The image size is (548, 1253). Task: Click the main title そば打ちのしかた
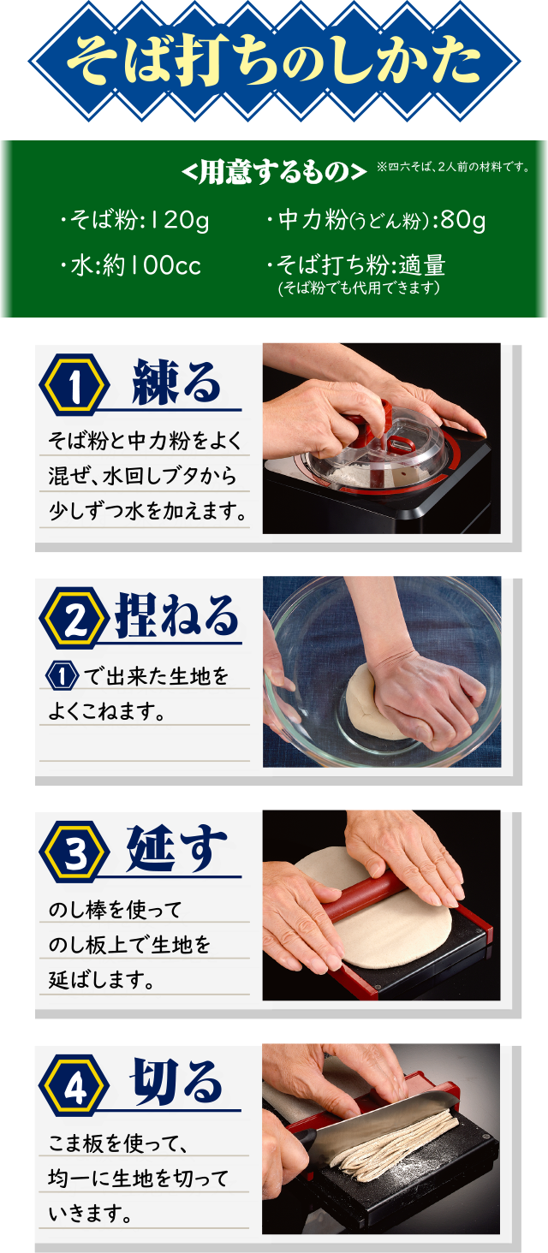(274, 61)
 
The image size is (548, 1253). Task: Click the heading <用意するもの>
(274, 172)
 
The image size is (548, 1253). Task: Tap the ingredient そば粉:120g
(134, 220)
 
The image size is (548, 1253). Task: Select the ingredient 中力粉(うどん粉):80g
(376, 220)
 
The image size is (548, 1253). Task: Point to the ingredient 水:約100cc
(130, 265)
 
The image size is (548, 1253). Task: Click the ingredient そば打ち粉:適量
(356, 264)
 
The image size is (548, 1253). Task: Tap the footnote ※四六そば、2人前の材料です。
(453, 167)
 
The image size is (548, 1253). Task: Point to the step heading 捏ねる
(177, 616)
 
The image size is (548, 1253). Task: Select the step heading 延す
(177, 848)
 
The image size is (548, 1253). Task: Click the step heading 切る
(177, 1083)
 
